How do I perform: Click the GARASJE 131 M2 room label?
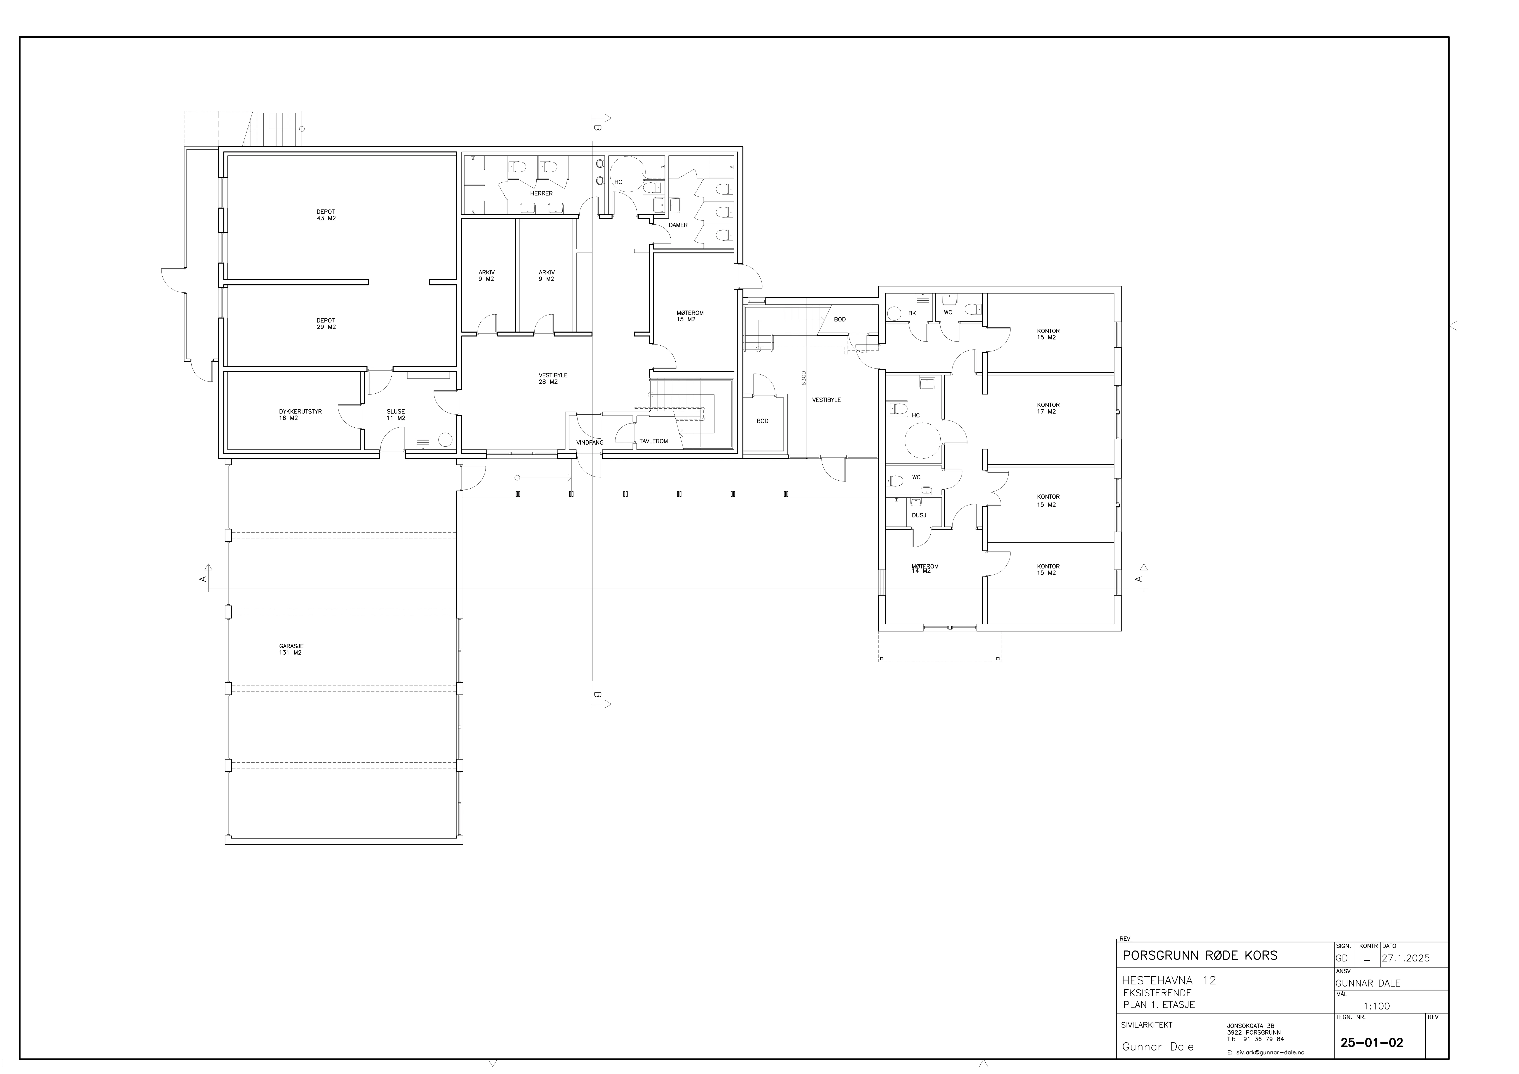pyautogui.click(x=291, y=649)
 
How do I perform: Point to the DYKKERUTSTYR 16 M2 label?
pyautogui.click(x=300, y=415)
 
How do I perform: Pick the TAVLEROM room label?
pyautogui.click(x=654, y=441)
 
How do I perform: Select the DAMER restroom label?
pyautogui.click(x=678, y=225)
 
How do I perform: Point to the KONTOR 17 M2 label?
pyautogui.click(x=1048, y=408)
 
